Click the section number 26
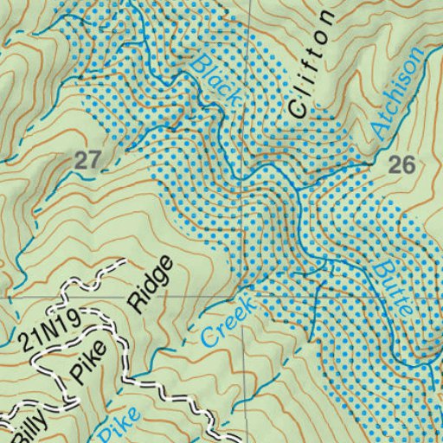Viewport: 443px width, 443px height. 402,166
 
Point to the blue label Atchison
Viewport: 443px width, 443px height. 399,93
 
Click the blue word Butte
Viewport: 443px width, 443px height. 395,292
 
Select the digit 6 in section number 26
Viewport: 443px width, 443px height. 409,166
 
